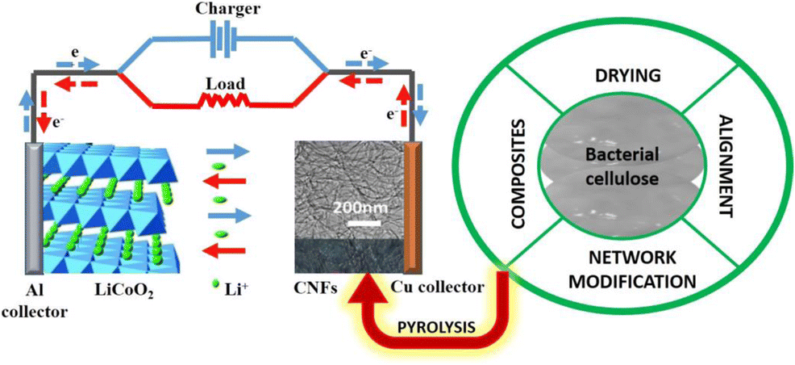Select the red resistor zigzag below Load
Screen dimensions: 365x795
[x=224, y=102]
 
